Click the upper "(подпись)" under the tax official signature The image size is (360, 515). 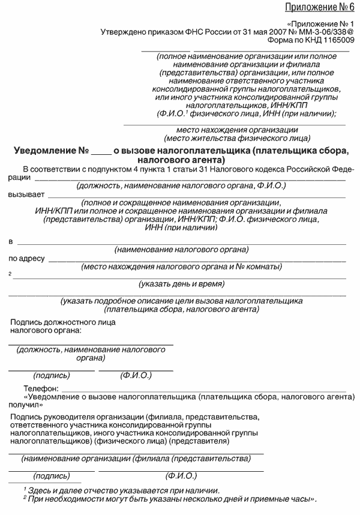(x=52, y=376)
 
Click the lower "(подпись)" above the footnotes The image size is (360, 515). (x=52, y=475)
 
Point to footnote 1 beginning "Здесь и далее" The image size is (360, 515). (x=120, y=490)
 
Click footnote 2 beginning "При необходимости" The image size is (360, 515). (x=169, y=498)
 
